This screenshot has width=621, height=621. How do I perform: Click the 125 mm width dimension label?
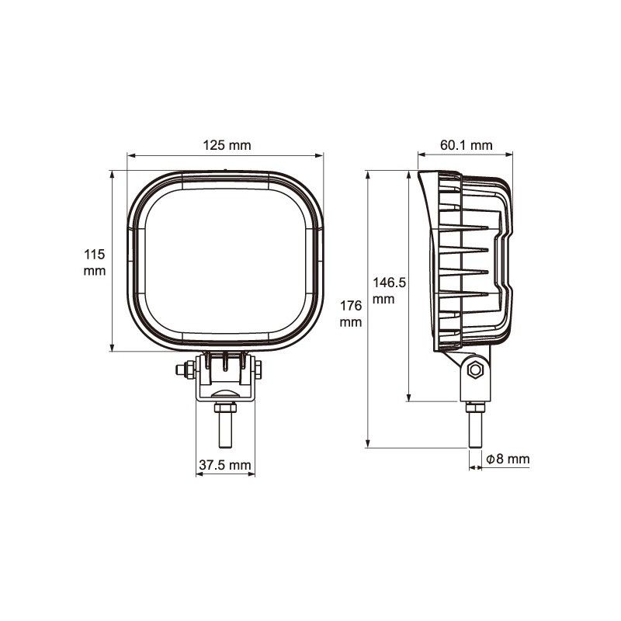pos(227,144)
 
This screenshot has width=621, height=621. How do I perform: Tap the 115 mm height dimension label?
pos(94,262)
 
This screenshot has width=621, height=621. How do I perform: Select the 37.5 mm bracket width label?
pos(225,465)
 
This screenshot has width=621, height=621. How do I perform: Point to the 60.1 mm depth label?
pos(466,144)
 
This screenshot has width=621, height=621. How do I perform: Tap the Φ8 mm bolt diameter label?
pos(508,460)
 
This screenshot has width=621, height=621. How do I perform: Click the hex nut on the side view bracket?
pos(475,369)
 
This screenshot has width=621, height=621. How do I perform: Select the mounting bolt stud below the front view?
pos(225,428)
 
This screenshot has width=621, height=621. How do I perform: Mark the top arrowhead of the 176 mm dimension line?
pos(367,175)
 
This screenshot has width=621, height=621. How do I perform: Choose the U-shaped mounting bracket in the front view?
pos(225,380)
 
